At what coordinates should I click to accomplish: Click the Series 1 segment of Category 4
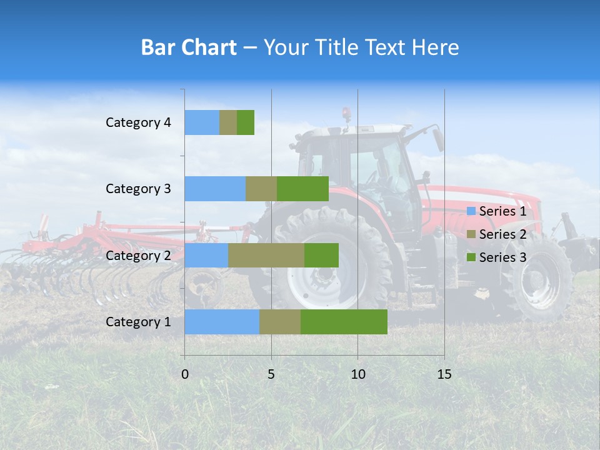[x=202, y=122]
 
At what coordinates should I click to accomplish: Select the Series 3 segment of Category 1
[x=344, y=322]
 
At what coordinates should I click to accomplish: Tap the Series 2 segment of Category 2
[x=266, y=256]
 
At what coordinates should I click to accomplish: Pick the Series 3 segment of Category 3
[x=302, y=189]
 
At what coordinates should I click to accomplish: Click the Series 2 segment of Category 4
[x=228, y=122]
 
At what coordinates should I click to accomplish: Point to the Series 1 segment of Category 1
[x=222, y=322]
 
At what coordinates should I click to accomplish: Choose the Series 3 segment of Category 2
[x=321, y=256]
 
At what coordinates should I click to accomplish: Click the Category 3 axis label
[x=138, y=189]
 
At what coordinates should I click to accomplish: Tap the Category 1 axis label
[x=138, y=322]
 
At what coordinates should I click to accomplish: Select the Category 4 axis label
[x=138, y=122]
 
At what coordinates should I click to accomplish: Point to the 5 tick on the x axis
[x=271, y=374]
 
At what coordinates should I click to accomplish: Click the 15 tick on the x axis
[x=444, y=374]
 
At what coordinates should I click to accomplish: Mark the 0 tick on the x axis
[x=185, y=374]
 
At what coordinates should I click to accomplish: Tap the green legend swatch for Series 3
[x=471, y=257]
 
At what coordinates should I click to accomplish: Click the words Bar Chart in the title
[x=189, y=47]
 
